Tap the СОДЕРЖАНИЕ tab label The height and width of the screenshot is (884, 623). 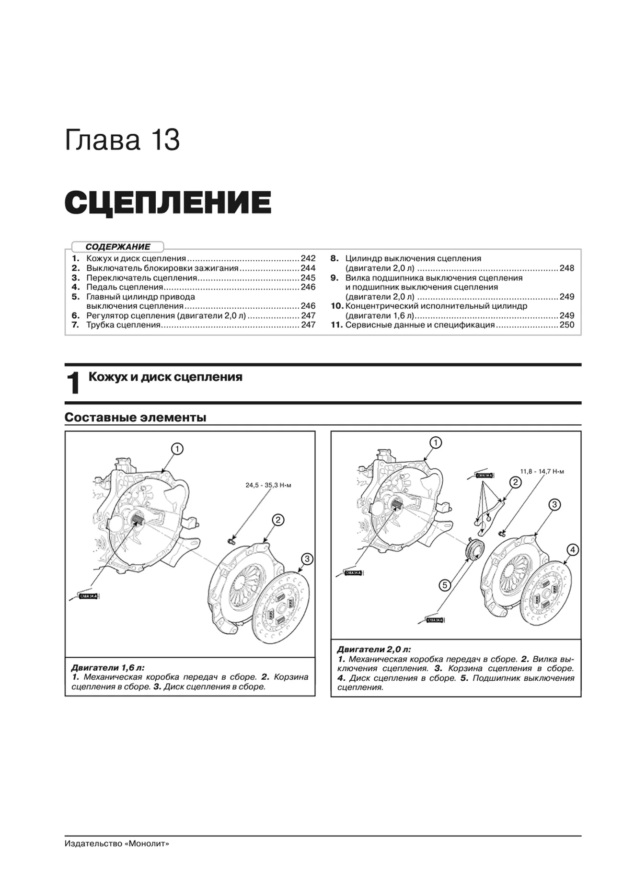tap(118, 247)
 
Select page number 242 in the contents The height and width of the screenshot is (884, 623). tap(308, 258)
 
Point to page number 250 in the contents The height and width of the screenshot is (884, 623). tap(566, 325)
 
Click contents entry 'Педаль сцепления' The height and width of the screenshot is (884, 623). tap(125, 287)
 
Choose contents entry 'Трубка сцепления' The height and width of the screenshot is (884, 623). tap(123, 325)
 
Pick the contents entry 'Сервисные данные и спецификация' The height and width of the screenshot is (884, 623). tap(420, 325)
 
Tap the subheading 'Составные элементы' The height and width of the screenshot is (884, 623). tap(135, 418)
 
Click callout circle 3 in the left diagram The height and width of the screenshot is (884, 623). tap(307, 558)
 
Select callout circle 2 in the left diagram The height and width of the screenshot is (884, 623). tap(278, 520)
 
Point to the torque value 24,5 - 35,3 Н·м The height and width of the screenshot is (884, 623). tap(268, 485)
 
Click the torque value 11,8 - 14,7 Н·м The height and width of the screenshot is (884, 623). tap(542, 471)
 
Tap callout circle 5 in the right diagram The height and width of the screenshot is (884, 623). tap(445, 585)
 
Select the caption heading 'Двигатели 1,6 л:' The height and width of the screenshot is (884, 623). tap(108, 667)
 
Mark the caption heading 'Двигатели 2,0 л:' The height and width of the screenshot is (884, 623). tap(374, 650)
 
